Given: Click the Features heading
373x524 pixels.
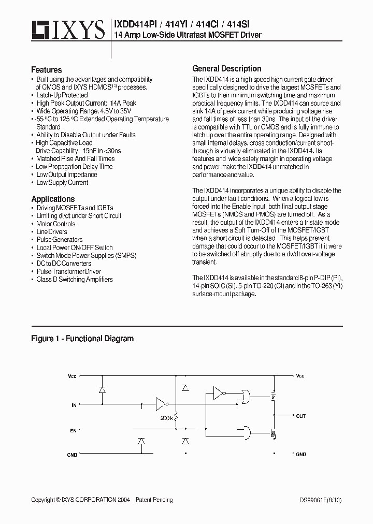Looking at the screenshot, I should [46, 69].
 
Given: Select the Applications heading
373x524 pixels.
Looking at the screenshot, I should [53, 199].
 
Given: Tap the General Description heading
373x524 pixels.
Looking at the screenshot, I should [226, 68].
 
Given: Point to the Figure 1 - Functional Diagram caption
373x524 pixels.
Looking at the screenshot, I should [82, 339].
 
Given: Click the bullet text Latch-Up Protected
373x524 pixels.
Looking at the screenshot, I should [62, 95].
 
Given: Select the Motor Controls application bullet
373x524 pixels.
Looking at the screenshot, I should [55, 224].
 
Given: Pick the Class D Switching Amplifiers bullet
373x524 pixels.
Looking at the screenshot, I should [74, 279].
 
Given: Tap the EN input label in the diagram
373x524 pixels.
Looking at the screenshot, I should [73, 430].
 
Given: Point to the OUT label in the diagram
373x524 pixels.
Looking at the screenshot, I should [301, 416].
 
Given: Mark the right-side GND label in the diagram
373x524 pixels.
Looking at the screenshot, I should [301, 454].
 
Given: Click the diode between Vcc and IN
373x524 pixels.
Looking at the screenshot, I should [102, 389].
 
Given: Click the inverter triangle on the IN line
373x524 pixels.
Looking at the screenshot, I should [161, 403].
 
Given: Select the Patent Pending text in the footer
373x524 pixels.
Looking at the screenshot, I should [154, 500].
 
